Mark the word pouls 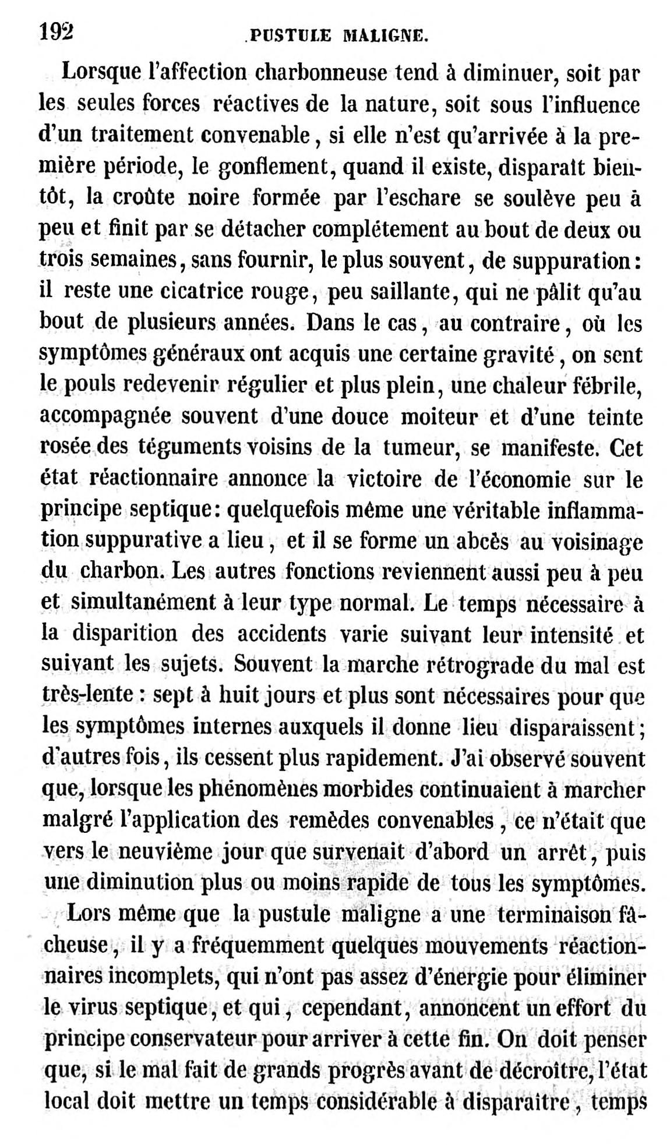[95, 385]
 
